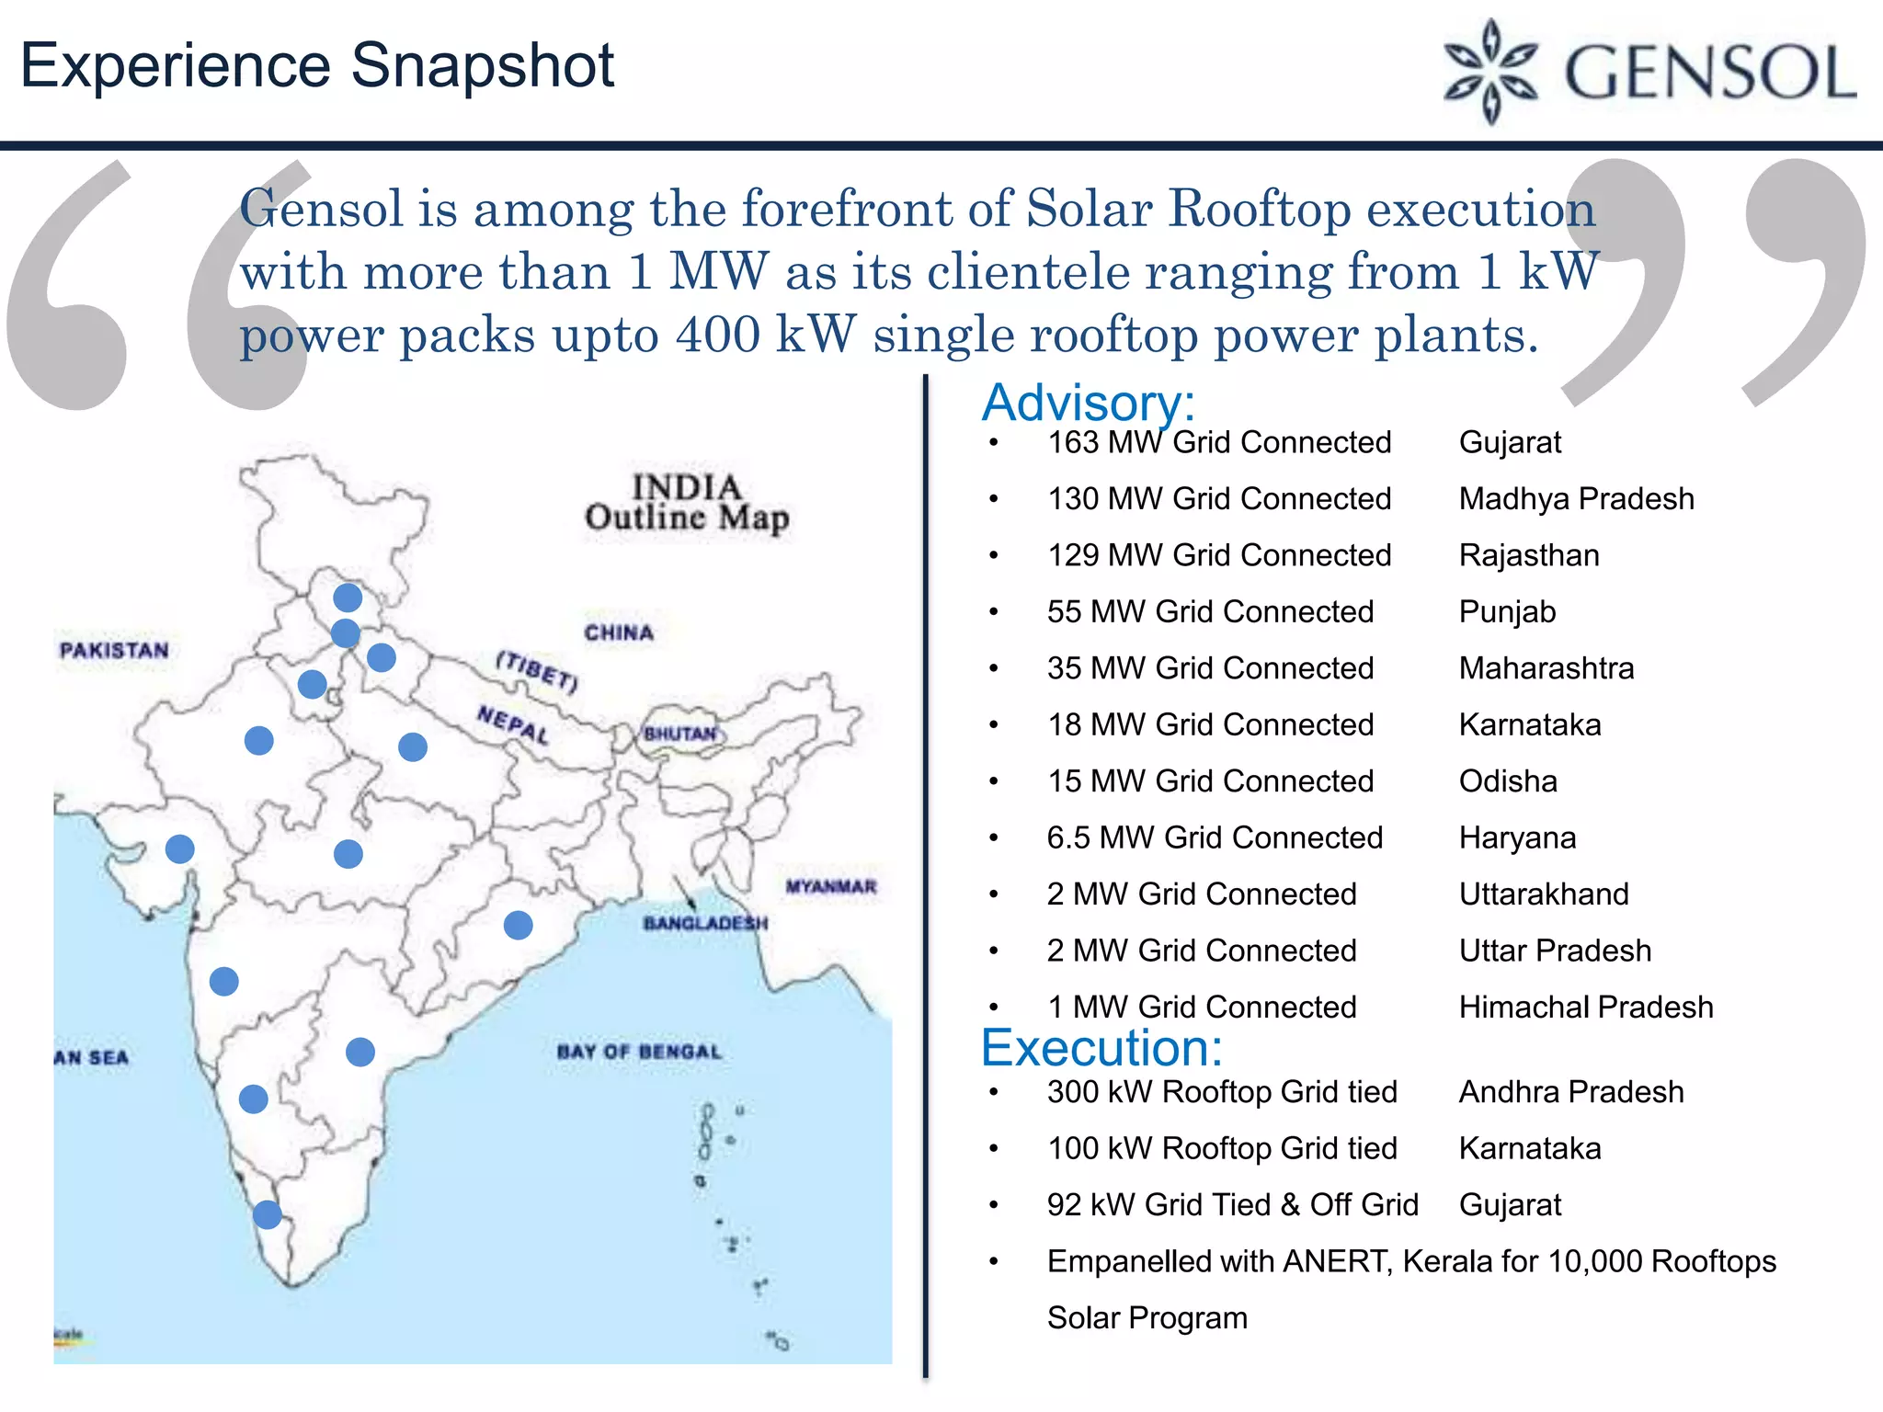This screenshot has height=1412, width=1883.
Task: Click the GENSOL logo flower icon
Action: [1490, 71]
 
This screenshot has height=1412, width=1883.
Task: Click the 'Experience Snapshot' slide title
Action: [317, 66]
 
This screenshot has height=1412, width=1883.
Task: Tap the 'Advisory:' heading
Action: [1088, 403]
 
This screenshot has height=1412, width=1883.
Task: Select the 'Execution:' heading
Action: [1101, 1048]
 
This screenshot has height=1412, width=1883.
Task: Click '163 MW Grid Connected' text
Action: [1218, 443]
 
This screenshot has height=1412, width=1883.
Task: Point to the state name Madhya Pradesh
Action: [1576, 499]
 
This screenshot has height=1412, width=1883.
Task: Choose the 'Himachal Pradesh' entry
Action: [1585, 1008]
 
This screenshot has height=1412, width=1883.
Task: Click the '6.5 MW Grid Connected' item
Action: [1214, 838]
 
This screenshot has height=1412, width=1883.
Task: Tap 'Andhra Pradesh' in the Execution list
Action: [1570, 1092]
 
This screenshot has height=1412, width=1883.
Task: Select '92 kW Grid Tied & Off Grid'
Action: [1232, 1205]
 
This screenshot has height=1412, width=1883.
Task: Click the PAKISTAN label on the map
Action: [114, 651]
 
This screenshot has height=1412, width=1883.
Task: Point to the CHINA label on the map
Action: [619, 633]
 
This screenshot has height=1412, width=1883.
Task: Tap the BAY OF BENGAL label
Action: [639, 1052]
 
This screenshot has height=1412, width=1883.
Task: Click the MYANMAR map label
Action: [830, 887]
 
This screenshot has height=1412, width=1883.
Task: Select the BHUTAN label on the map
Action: [679, 734]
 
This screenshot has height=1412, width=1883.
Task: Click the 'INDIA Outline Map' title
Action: [686, 503]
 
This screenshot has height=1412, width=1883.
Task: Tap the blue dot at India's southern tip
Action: [268, 1214]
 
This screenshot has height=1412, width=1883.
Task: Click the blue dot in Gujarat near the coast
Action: [180, 848]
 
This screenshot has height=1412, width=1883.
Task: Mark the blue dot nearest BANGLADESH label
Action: [519, 925]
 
